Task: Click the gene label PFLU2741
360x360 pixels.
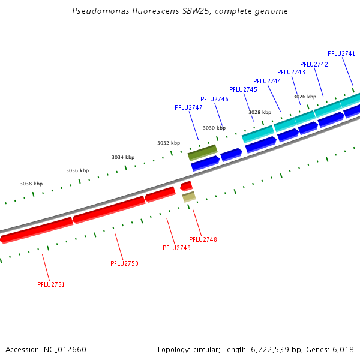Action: [341, 53]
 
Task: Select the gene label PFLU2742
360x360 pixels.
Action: [314, 64]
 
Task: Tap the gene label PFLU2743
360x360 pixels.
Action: [291, 72]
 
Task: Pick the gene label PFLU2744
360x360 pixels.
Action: [267, 81]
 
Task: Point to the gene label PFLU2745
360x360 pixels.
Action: [243, 89]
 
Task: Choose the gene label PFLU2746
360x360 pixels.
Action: [214, 99]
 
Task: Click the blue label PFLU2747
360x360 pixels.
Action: [188, 107]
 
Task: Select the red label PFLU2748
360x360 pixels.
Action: [203, 239]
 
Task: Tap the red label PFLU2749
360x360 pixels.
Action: [176, 248]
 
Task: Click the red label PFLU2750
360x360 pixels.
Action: [124, 263]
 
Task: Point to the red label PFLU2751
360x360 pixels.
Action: [51, 284]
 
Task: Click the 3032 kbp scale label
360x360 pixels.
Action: [169, 143]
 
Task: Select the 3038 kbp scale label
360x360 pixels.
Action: [31, 184]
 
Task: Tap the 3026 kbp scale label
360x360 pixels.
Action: [305, 97]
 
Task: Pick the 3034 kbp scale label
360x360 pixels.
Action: [122, 157]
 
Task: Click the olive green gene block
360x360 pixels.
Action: [202, 152]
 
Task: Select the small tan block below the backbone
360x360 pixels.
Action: [189, 196]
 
